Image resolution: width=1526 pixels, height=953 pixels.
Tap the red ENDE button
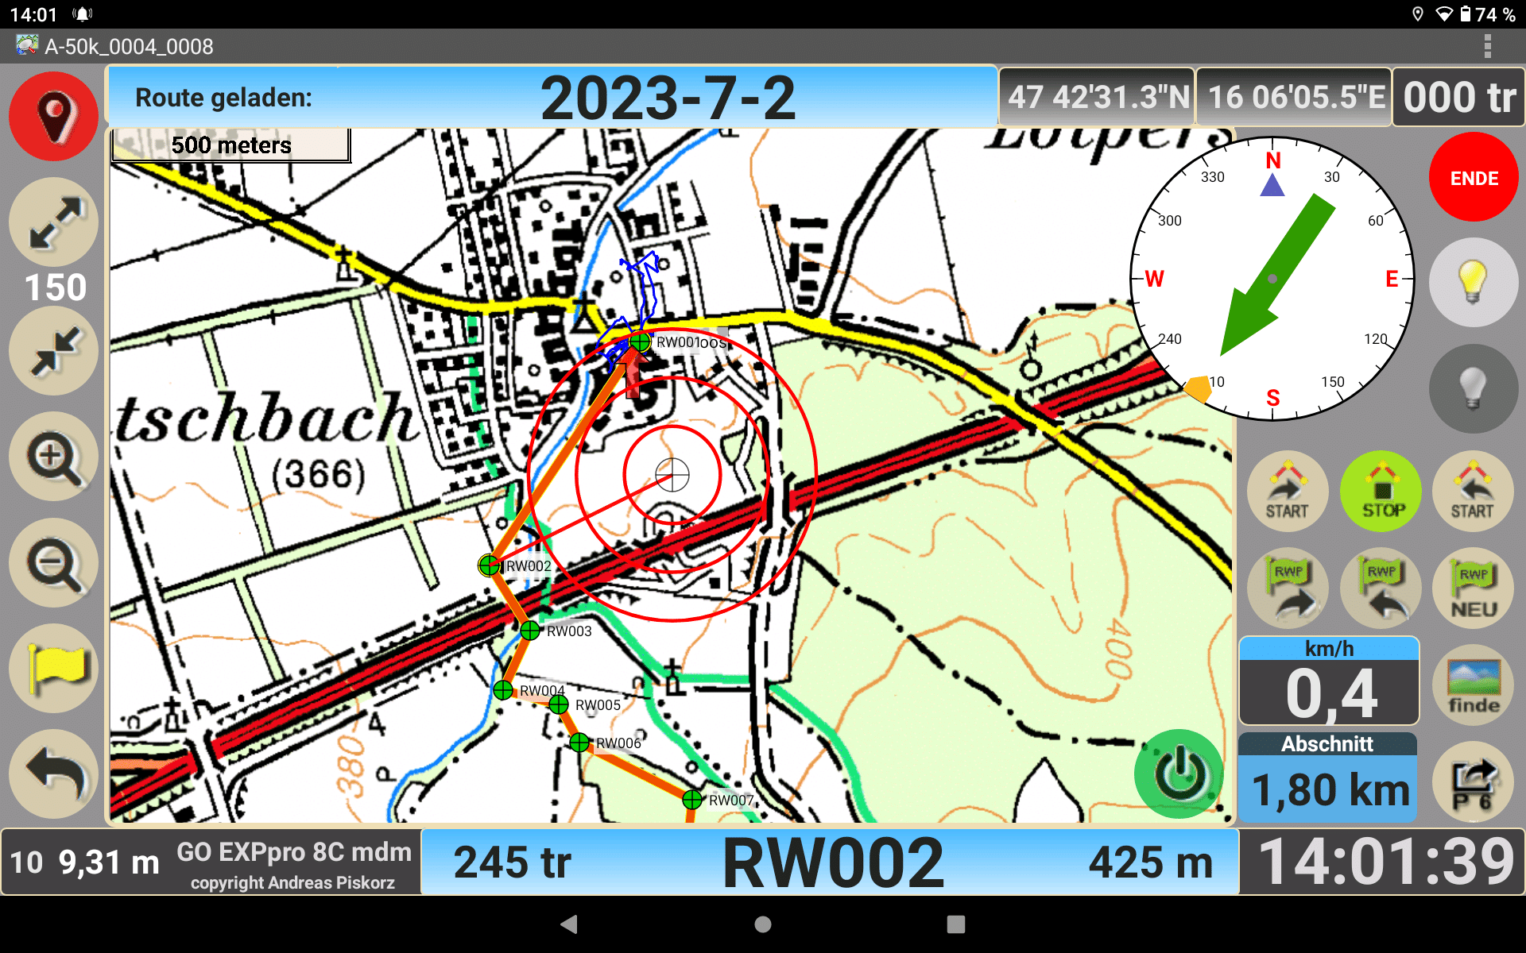(x=1474, y=178)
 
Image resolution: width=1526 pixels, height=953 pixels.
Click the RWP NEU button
(x=1474, y=589)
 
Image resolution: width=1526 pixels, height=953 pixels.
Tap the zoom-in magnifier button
(x=53, y=458)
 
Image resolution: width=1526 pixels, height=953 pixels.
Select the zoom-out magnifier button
(x=53, y=564)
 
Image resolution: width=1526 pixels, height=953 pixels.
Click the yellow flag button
(x=53, y=668)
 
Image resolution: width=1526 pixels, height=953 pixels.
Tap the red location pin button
(x=53, y=117)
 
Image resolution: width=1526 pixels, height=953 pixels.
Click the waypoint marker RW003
(x=530, y=631)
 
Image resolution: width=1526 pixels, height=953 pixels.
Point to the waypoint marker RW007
(x=692, y=799)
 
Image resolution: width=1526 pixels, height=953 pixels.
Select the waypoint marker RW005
(x=559, y=704)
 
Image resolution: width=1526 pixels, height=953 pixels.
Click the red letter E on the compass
(x=1392, y=279)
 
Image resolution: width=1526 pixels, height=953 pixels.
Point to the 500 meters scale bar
(x=231, y=145)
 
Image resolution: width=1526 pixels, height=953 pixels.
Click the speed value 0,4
(x=1329, y=693)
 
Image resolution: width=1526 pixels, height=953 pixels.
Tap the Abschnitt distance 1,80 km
(x=1329, y=789)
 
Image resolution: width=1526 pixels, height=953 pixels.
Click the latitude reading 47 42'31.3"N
(x=1098, y=98)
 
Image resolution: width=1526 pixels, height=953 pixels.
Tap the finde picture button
(x=1474, y=686)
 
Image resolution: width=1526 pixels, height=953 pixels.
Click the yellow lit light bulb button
(x=1473, y=282)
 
